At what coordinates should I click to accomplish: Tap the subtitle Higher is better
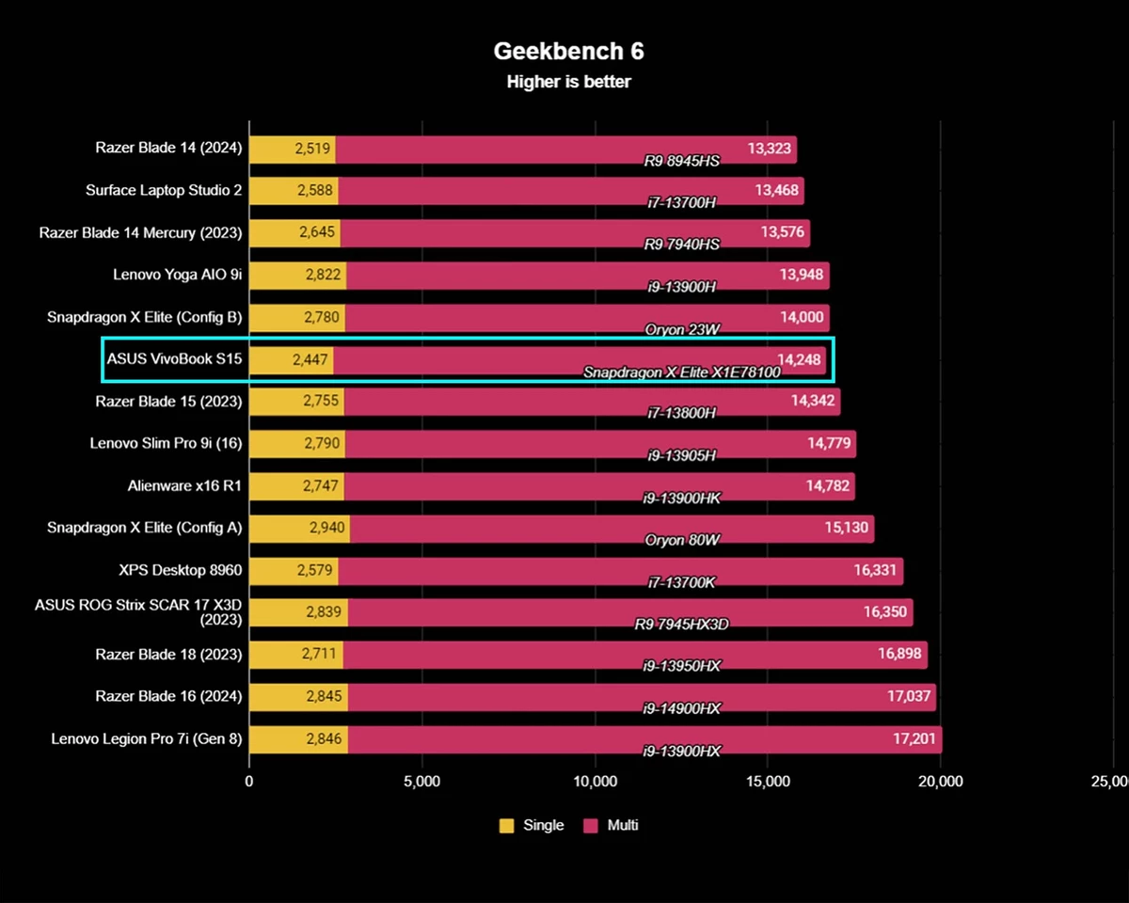568,82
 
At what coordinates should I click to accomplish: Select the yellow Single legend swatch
506,826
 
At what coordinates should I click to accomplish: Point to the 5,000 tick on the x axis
421,782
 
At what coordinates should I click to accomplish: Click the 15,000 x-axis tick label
767,782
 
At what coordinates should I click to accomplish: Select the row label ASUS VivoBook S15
174,358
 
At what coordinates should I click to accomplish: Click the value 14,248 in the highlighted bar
800,358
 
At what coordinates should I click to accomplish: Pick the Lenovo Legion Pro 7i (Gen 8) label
147,738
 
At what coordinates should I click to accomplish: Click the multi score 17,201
914,739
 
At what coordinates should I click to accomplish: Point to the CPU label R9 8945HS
681,161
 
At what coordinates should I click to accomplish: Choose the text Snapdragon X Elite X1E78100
681,372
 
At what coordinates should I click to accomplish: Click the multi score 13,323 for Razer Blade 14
769,149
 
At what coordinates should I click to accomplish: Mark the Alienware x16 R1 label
184,486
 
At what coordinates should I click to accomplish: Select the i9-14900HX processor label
681,709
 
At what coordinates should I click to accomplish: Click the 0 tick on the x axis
249,782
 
